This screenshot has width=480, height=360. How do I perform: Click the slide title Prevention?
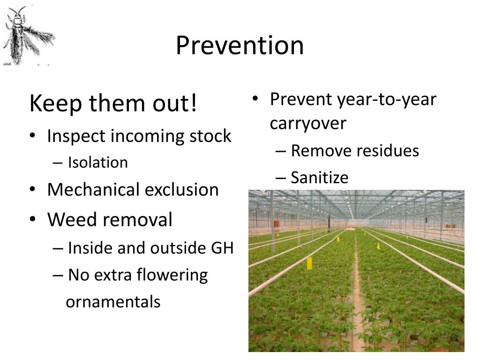(x=240, y=45)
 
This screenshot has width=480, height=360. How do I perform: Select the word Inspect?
(x=76, y=136)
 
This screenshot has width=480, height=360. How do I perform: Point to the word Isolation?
(x=97, y=163)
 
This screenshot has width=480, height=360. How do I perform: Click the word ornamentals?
(x=113, y=302)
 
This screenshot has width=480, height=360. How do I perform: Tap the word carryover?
(x=307, y=123)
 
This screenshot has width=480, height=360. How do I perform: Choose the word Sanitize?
(x=319, y=178)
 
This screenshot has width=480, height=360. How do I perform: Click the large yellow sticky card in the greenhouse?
(x=309, y=263)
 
